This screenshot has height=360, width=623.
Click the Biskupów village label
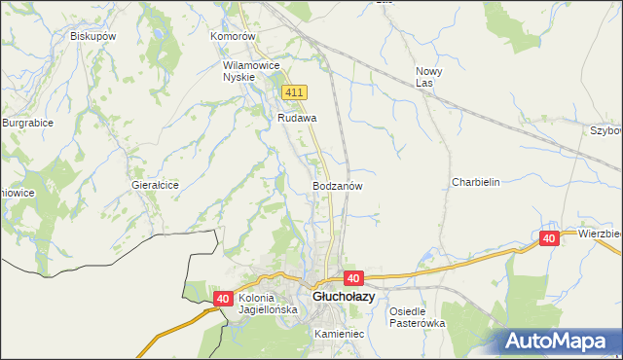93,36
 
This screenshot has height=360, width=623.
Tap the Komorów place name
232,36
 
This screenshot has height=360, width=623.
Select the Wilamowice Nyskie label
251,71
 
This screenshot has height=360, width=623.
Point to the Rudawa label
298,118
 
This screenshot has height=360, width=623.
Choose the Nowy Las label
429,77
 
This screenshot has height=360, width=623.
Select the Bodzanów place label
338,185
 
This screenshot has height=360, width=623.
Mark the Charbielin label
475,182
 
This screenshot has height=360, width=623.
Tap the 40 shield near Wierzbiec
549,238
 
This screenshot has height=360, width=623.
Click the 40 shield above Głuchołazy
352,277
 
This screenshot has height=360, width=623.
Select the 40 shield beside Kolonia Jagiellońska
224,300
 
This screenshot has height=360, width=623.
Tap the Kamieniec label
339,334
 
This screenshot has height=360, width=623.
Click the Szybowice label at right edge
605,129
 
